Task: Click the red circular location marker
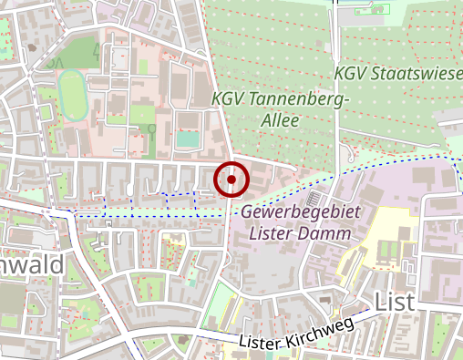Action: click(x=231, y=180)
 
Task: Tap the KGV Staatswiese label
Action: click(x=397, y=72)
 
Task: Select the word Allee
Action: click(x=279, y=120)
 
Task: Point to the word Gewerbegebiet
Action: click(x=302, y=211)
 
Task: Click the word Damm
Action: click(x=326, y=232)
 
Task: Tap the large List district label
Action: click(x=394, y=302)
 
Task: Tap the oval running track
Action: click(x=72, y=94)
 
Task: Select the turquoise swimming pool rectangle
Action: click(x=187, y=139)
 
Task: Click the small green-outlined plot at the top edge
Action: click(x=374, y=9)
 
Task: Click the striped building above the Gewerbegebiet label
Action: click(x=313, y=198)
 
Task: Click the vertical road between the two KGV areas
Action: click(x=339, y=91)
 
